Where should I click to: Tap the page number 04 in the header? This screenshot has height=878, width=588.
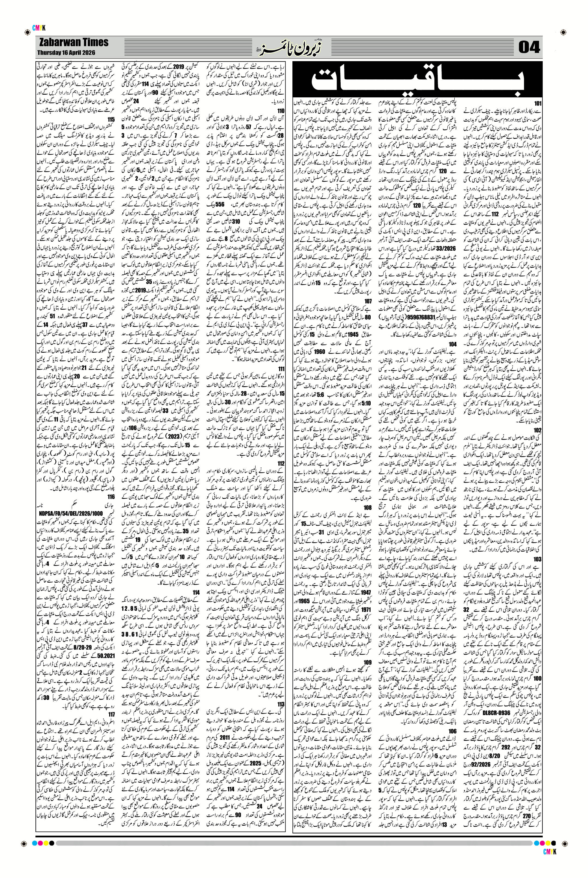tap(529, 48)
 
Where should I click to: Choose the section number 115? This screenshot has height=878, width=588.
tap(110, 119)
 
